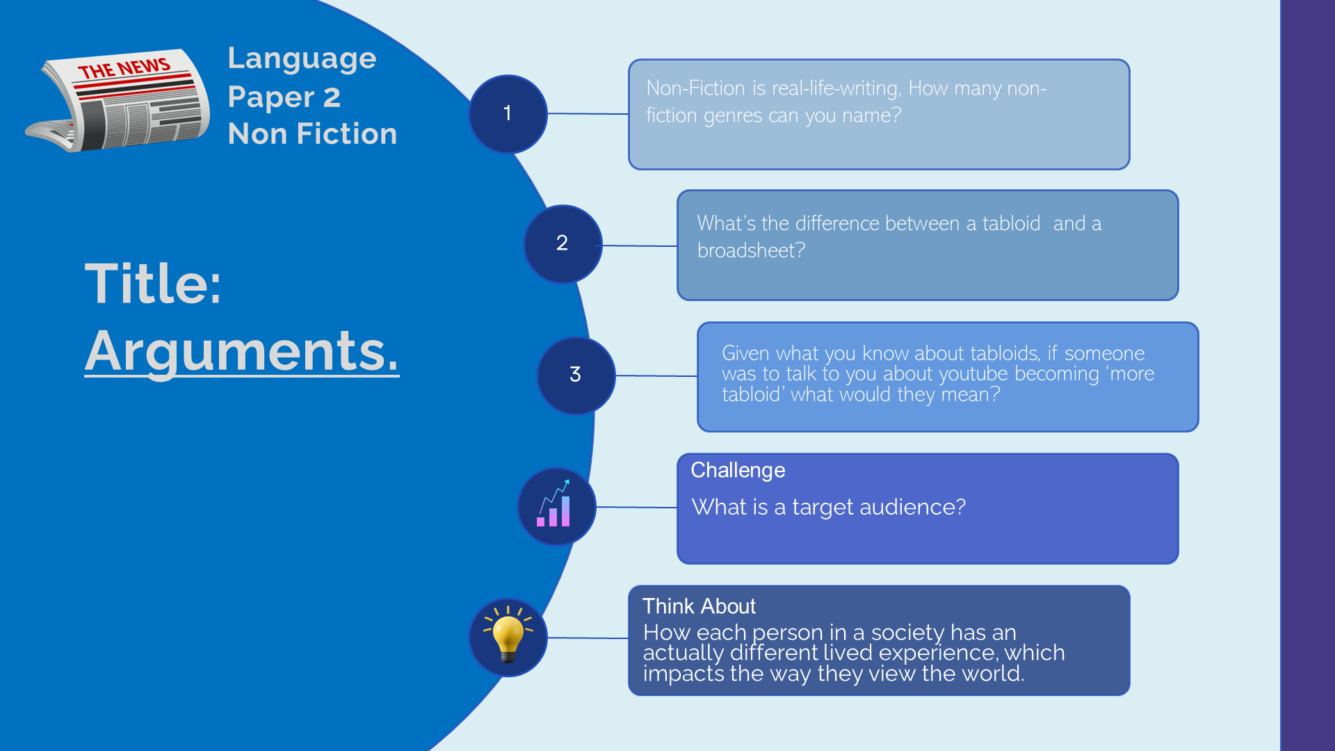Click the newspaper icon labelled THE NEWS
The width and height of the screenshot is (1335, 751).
[118, 100]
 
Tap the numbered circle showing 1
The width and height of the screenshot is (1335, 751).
[508, 114]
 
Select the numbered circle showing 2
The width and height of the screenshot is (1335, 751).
[563, 244]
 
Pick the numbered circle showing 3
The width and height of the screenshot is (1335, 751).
[576, 375]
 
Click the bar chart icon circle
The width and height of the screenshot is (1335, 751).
[556, 506]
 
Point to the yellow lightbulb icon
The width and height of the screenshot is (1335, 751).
[508, 634]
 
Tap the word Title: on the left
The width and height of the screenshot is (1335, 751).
[153, 284]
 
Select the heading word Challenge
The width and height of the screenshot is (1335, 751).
[738, 471]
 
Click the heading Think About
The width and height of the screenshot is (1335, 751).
[699, 606]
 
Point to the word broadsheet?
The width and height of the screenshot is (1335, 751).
[751, 250]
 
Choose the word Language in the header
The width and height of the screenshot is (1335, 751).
[302, 60]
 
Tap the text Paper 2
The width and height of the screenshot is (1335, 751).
[284, 97]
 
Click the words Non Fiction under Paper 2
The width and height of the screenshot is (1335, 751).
[313, 134]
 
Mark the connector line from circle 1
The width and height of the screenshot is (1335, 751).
[588, 113]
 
